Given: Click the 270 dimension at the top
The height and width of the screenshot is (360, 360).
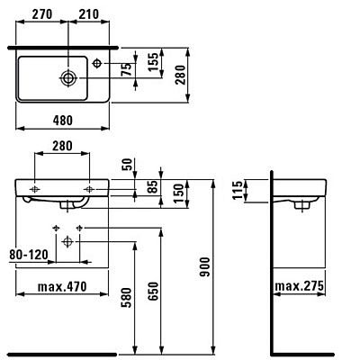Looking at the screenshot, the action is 42,14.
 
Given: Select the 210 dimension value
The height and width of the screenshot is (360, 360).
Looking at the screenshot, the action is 88,14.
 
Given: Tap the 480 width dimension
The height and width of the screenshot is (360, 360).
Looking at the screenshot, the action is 63,121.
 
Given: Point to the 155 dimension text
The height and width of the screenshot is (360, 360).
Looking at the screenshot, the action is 153,62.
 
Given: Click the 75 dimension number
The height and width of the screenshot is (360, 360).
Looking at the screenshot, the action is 128,69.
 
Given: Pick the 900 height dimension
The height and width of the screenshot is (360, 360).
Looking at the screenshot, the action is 205,266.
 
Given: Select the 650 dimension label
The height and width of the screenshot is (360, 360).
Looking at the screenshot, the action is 153,291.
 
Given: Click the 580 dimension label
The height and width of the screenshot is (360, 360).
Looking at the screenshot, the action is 126,298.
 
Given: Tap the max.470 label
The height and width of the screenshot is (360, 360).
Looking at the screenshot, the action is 62,286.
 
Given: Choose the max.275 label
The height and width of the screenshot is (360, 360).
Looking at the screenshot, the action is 300,286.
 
